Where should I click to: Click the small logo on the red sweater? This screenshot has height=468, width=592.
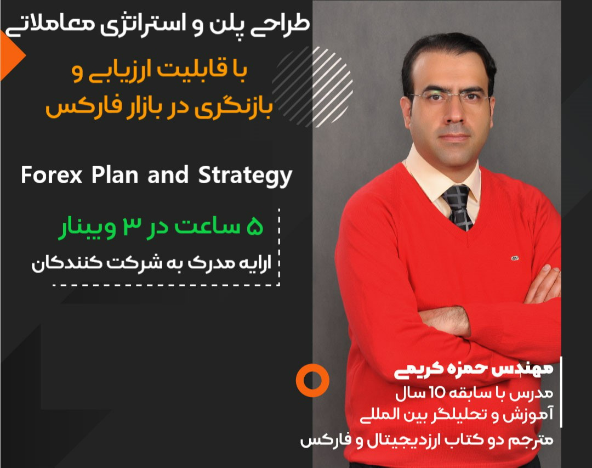point(516,256)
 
